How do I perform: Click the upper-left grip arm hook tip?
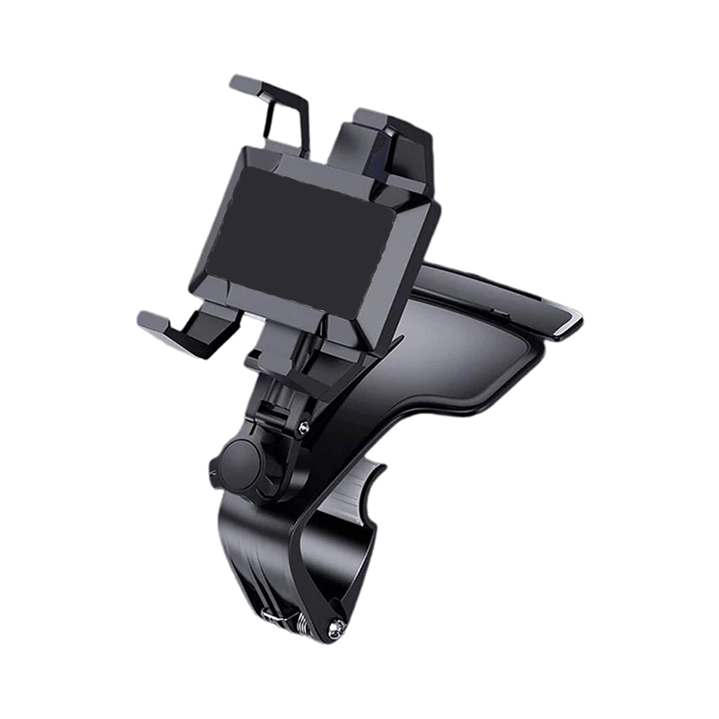click(241, 83)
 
